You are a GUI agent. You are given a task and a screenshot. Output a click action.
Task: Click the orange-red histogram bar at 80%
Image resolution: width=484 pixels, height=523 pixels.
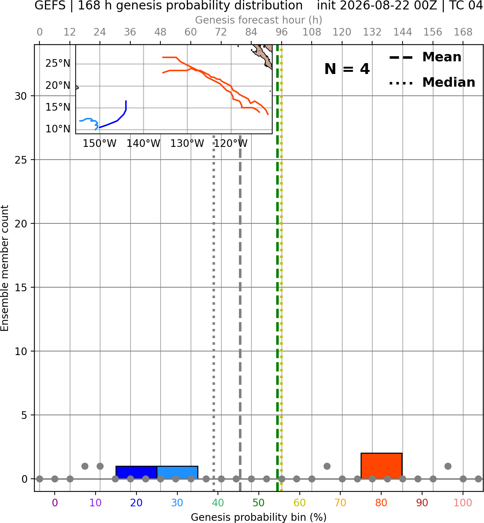[381, 466]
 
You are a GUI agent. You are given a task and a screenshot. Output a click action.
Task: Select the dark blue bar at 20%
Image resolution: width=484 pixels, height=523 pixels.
[136, 473]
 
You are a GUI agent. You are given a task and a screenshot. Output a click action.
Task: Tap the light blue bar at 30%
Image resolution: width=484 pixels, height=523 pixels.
[177, 473]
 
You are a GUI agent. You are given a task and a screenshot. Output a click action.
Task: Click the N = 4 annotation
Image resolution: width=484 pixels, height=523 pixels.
[347, 69]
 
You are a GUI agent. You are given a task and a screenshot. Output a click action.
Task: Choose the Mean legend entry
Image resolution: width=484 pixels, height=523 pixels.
[425, 57]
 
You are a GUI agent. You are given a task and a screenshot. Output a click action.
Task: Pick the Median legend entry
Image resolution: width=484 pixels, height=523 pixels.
[432, 82]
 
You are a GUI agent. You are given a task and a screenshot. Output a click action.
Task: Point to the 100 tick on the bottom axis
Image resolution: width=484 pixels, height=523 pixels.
[463, 503]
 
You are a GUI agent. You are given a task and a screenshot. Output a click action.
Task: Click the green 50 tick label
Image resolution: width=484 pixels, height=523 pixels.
[258, 503]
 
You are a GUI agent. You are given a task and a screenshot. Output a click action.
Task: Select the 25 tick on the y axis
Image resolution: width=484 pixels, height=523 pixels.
[21, 160]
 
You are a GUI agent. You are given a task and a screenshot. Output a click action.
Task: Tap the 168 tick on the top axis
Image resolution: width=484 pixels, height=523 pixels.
[463, 32]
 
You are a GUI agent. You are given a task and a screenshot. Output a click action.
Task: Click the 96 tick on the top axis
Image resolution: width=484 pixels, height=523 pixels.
[282, 32]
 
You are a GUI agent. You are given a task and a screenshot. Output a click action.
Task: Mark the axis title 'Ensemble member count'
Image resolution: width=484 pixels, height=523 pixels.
[5, 268]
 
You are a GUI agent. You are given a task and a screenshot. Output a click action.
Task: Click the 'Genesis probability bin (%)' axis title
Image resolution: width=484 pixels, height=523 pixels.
[259, 517]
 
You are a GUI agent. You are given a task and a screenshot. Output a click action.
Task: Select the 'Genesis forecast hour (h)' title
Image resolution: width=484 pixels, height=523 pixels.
[259, 20]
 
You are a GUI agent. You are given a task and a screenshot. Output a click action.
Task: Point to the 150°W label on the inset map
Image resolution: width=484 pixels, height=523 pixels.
[100, 144]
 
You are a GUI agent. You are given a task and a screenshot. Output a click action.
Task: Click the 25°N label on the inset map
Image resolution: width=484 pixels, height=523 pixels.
[58, 63]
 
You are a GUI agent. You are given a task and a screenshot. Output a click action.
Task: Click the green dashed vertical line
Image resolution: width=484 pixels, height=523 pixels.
[277, 268]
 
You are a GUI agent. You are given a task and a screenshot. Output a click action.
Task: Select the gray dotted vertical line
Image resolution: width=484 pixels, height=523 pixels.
[214, 313]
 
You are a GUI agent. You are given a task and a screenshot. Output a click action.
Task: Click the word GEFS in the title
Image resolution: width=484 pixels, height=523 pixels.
[50, 5]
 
